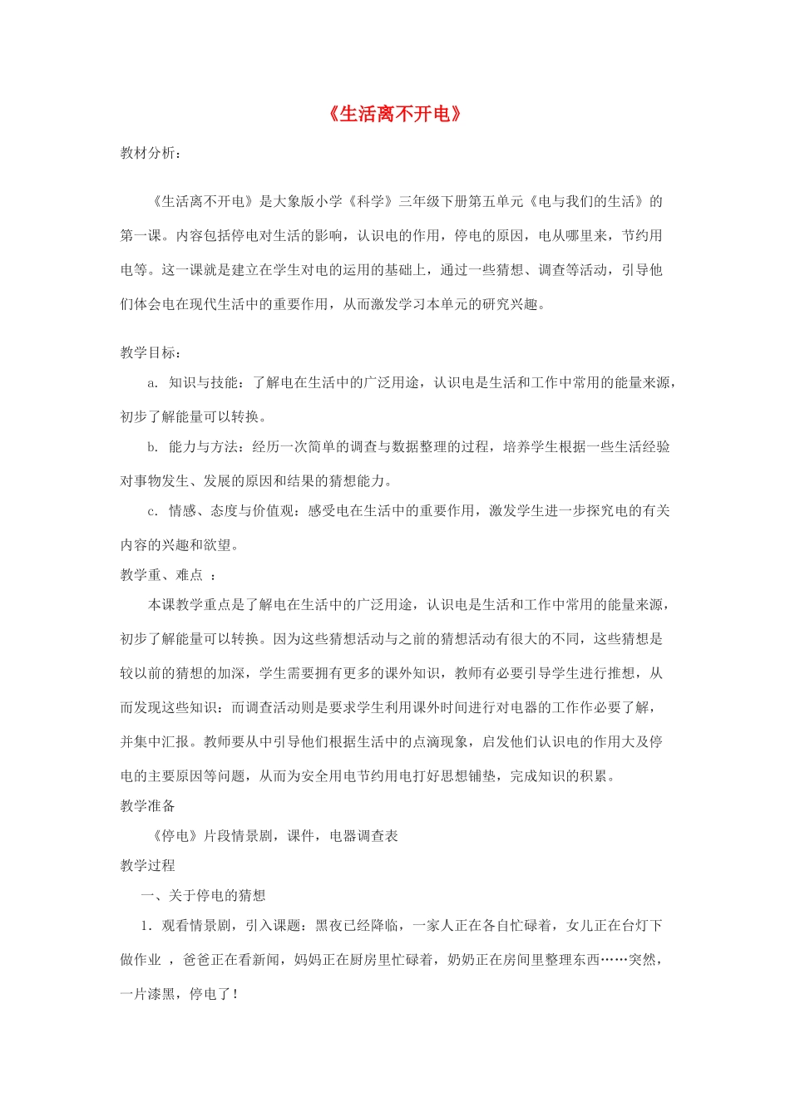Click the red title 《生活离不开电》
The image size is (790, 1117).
pos(394,114)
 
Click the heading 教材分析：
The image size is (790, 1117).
pos(151,153)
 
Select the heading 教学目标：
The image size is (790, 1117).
pos(151,352)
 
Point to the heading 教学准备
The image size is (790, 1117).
pos(148,805)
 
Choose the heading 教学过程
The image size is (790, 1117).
pos(148,865)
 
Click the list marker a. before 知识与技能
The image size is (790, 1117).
pos(152,383)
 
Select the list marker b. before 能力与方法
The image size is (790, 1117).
pos(152,447)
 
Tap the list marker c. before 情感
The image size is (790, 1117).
pos(152,511)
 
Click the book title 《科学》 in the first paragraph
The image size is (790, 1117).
pos(367,201)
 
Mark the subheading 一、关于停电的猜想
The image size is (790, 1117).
pos(204,895)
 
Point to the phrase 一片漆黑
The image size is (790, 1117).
pos(147,994)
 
